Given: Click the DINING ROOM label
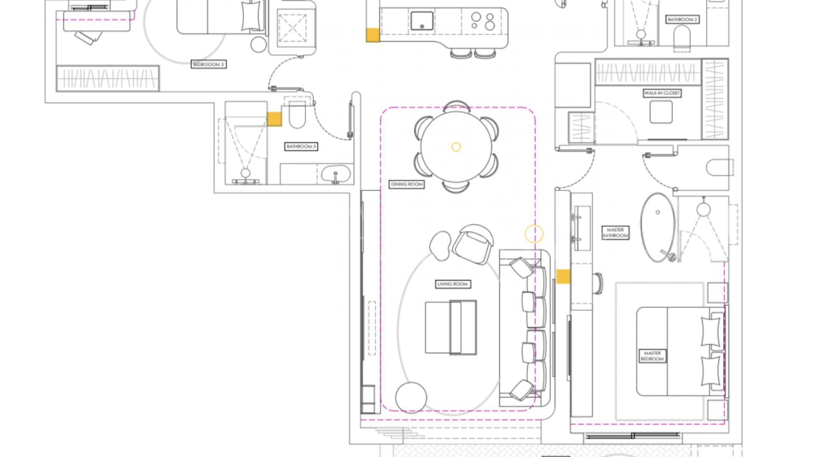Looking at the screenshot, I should tap(406, 184).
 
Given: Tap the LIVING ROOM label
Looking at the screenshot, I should tap(453, 284).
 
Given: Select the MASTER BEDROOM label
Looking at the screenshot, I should tap(652, 356).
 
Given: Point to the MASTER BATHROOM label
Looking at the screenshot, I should tap(615, 233).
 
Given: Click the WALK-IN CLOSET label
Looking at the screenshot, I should tap(662, 93).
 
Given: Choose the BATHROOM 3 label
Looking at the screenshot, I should tap(301, 146).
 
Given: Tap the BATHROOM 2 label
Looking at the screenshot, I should tap(682, 19).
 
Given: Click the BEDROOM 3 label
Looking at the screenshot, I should tap(208, 64).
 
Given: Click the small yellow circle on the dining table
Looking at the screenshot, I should tap(456, 147).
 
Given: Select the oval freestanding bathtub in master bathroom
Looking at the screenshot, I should tap(658, 228).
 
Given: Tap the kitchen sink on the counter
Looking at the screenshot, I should tap(422, 20).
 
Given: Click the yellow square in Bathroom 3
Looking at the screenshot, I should tap(274, 119).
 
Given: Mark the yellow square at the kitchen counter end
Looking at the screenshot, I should tap(373, 35).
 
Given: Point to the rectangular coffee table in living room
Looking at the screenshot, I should tap(451, 327).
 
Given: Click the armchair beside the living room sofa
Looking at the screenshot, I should tap(473, 244).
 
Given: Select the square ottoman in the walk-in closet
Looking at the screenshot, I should tap(661, 112).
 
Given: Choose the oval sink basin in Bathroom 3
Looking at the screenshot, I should tap(336, 174).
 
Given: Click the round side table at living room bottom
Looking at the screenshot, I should tap(411, 397).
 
